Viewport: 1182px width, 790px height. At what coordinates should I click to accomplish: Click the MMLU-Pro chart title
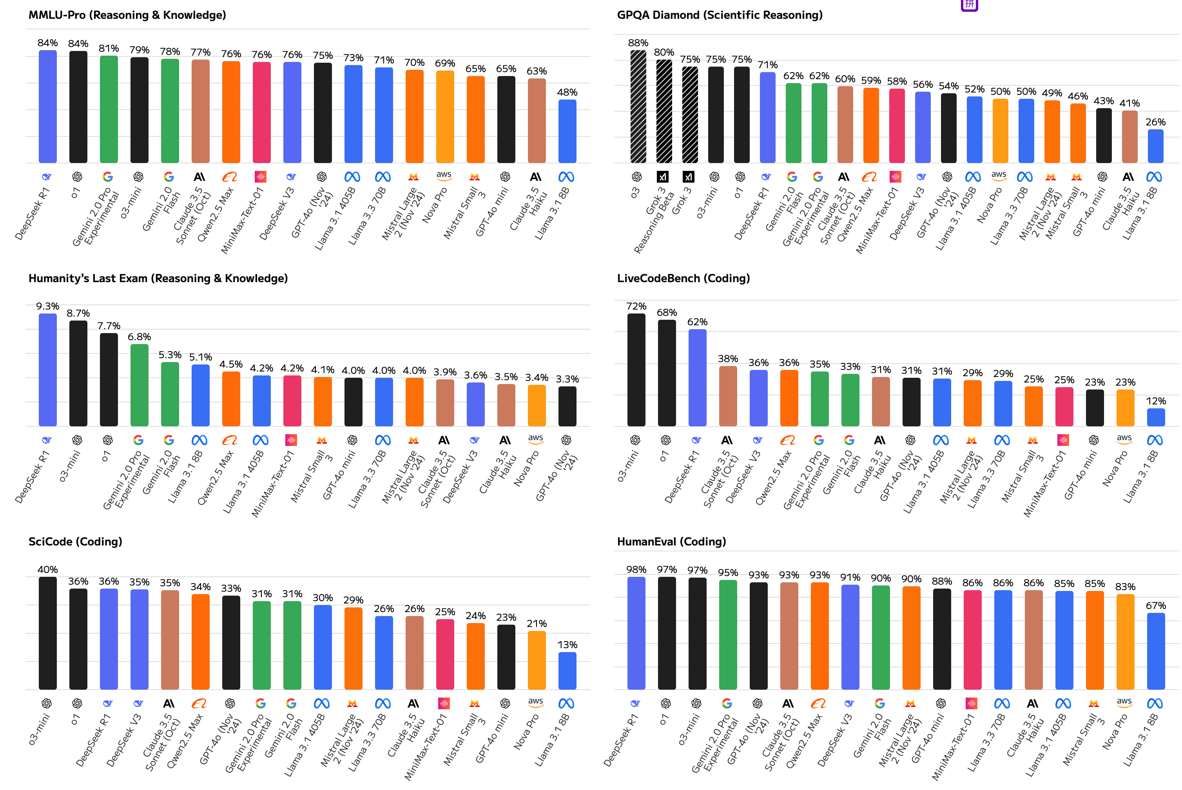click(x=127, y=15)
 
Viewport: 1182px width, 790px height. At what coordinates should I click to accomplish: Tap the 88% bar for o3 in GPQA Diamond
click(x=638, y=107)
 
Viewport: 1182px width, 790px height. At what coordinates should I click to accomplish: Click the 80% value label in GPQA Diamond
click(x=664, y=53)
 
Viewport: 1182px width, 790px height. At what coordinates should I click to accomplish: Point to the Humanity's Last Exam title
click(x=158, y=278)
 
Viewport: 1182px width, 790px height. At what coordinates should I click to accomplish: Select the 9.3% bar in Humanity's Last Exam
click(x=47, y=370)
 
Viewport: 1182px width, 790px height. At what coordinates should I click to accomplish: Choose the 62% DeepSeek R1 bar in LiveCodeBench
click(x=697, y=378)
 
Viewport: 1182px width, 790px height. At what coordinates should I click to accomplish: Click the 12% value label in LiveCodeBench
click(x=1155, y=401)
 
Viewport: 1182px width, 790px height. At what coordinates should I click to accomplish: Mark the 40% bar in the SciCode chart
click(x=47, y=633)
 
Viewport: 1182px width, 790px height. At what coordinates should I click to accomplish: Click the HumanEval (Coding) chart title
click(x=671, y=542)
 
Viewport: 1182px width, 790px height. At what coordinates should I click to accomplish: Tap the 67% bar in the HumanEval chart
click(x=1155, y=651)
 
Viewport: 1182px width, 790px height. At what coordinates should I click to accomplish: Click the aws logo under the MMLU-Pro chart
click(x=444, y=176)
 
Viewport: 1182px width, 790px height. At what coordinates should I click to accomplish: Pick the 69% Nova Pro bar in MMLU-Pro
click(x=445, y=117)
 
